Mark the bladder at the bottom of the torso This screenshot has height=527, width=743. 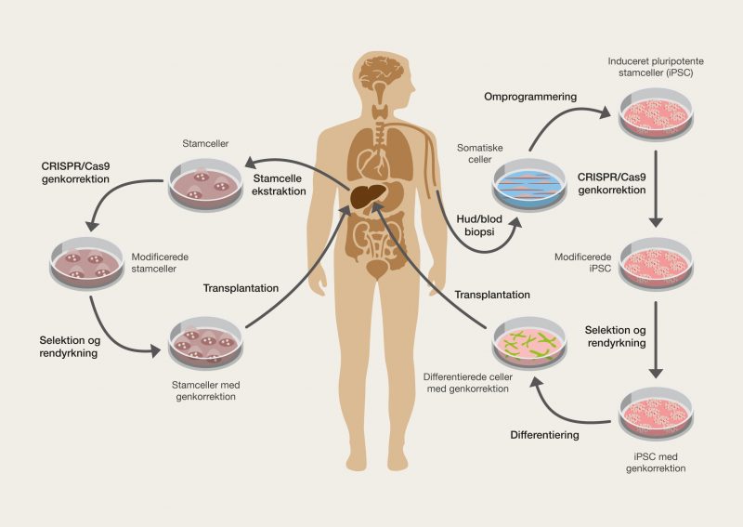pyautogui.click(x=376, y=270)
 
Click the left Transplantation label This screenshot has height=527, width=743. pyautogui.click(x=241, y=288)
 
